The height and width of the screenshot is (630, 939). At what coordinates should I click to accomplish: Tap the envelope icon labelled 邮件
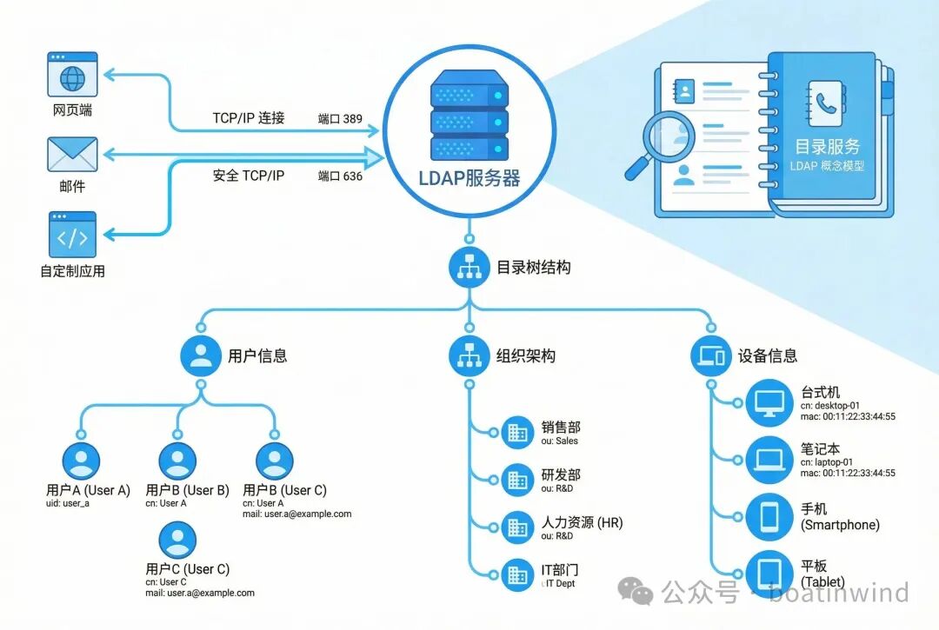(x=72, y=156)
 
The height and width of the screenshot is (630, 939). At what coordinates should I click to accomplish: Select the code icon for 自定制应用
(x=72, y=235)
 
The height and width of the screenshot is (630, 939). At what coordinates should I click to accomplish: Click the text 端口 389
(x=340, y=118)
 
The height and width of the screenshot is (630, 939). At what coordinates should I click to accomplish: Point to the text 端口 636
(x=340, y=176)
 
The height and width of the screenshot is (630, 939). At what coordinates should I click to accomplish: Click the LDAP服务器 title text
(x=469, y=179)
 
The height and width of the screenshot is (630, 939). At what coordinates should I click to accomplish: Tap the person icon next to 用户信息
(x=201, y=355)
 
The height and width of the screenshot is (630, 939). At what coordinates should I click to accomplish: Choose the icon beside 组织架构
(x=469, y=355)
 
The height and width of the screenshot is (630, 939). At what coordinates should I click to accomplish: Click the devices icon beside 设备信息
(x=711, y=355)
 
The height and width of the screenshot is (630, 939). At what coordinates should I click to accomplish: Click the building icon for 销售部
(x=517, y=431)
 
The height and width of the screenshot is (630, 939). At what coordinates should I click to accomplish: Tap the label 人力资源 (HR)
(x=582, y=523)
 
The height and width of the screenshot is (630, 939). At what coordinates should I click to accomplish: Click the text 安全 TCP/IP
(x=248, y=176)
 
